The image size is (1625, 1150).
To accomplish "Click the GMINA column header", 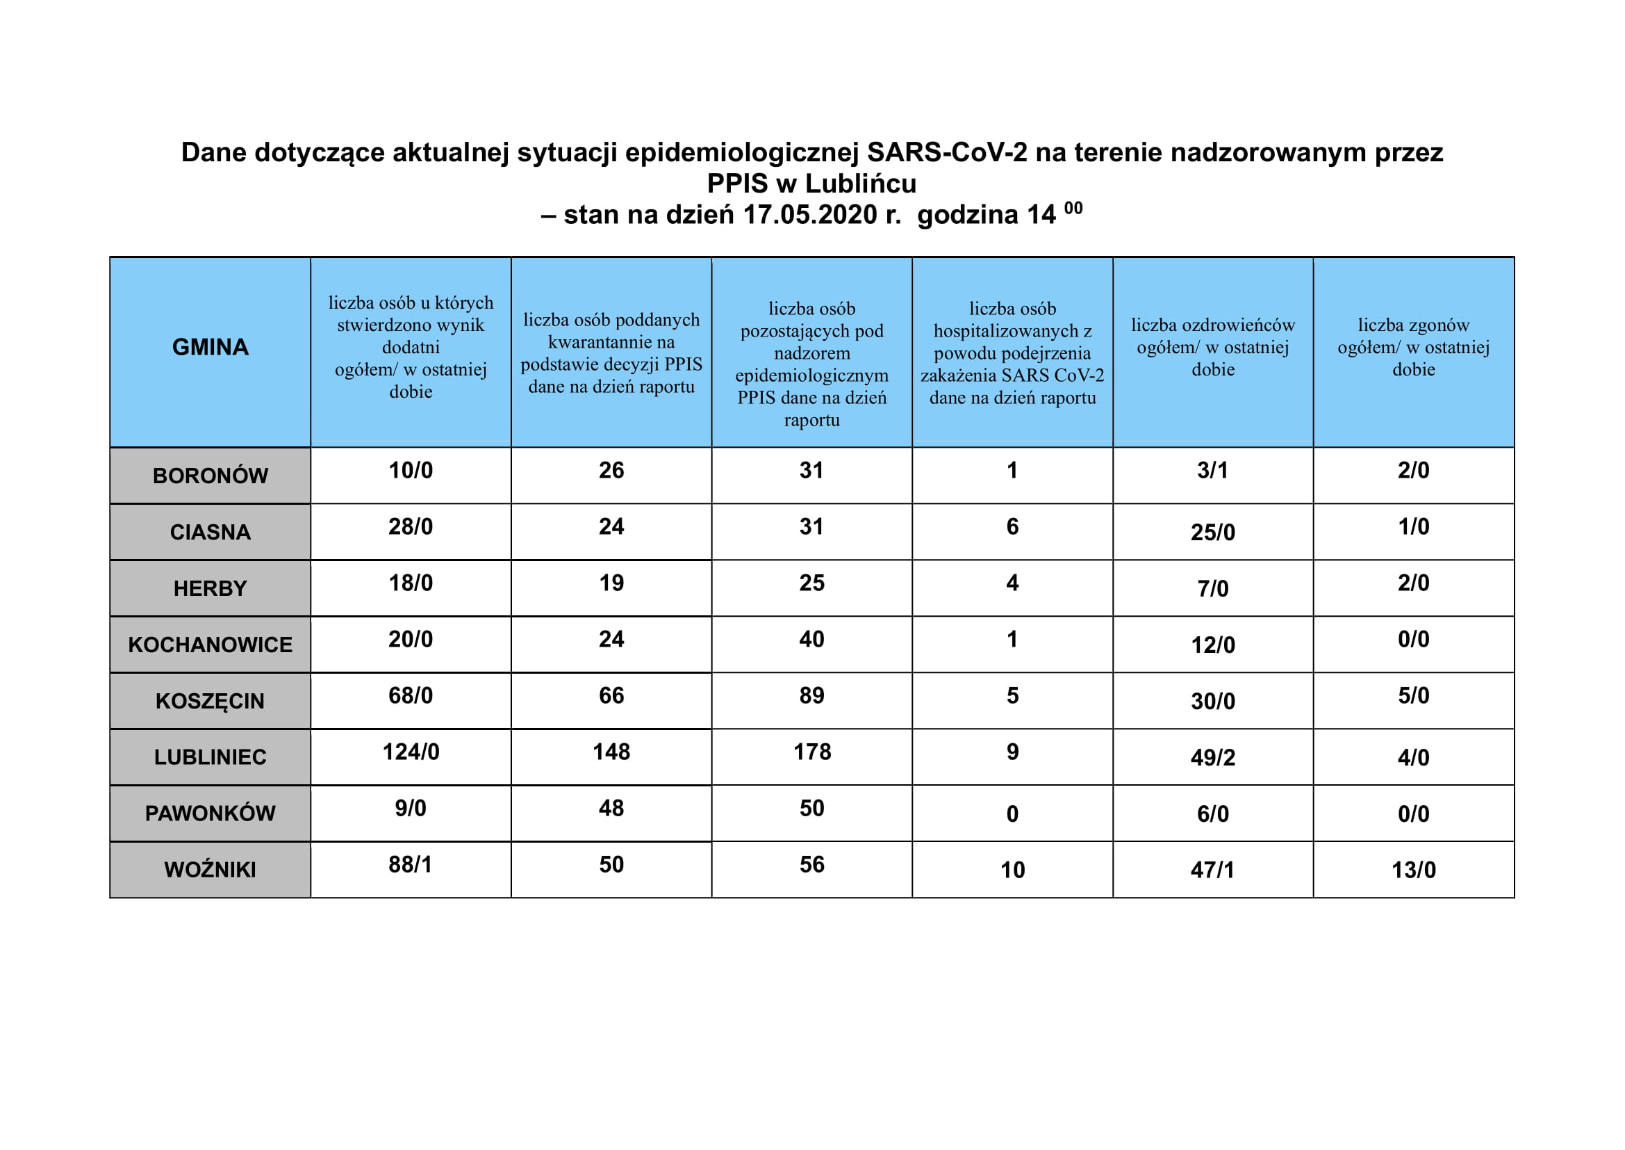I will pos(211,347).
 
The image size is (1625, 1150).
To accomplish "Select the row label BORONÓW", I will pos(211,475).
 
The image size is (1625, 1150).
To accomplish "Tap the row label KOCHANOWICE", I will pos(211,645).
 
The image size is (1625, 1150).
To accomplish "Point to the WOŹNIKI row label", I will pos(211,870).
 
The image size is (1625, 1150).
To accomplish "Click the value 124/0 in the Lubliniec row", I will pos(411,752).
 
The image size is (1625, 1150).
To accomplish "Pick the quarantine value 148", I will pos(611,752).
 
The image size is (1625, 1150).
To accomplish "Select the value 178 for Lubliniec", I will pos(811,752).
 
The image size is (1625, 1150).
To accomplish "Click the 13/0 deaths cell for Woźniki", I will pos(1413,870).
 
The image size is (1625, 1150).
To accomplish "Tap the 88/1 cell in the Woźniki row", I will pos(411,865).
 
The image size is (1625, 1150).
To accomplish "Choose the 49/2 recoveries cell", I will pos(1212,757).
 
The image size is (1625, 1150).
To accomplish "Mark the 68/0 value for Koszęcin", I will pos(411,695).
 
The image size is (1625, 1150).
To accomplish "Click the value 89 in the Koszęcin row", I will pos(811,695).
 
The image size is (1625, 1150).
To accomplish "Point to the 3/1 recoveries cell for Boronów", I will pos(1212,470).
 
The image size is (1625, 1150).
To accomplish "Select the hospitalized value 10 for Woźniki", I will pos(1012,870).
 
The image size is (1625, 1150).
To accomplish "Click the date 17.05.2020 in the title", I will pos(809,215).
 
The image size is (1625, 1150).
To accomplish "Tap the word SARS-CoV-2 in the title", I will pos(946,152).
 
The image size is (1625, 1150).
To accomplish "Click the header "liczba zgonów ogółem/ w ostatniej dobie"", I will pos(1413,347).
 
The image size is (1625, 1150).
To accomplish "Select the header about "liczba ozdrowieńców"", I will pos(1212,347).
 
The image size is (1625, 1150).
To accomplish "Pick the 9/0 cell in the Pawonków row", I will pos(411,808).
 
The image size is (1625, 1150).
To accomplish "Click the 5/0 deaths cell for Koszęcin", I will pos(1413,695).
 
